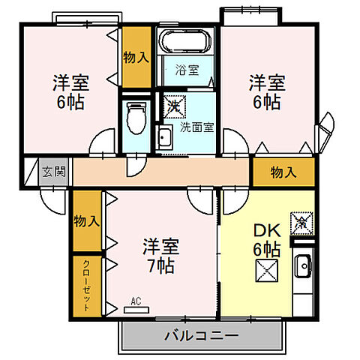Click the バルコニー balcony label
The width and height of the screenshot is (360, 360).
[x=201, y=334]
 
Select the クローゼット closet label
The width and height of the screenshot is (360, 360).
[x=87, y=286]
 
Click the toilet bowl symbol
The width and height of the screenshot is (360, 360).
[x=135, y=116]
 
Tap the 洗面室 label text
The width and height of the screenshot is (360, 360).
[x=197, y=127]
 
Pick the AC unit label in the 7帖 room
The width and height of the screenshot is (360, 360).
[x=136, y=302]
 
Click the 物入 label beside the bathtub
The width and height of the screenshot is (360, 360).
[x=136, y=57]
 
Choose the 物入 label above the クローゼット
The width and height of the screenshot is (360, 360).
[x=87, y=221]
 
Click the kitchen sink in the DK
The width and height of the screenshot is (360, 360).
[x=304, y=267]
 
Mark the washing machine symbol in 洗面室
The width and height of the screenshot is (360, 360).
[x=173, y=104]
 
